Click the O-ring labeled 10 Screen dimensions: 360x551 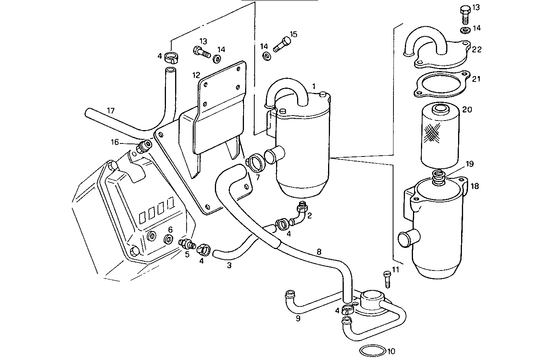pyautogui.click(x=372, y=350)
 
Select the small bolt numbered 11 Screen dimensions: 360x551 pyautogui.click(x=387, y=279)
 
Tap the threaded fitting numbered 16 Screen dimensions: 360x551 pyautogui.click(x=145, y=146)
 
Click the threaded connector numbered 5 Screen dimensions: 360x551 pyautogui.click(x=187, y=244)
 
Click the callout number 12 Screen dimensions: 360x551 pyautogui.click(x=196, y=74)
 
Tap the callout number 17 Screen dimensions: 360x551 pyautogui.click(x=111, y=111)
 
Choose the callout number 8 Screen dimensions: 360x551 pyautogui.click(x=319, y=252)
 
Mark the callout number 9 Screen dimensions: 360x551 pyautogui.click(x=298, y=318)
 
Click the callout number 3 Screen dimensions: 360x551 pyautogui.click(x=229, y=265)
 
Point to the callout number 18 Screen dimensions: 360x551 pyautogui.click(x=475, y=186)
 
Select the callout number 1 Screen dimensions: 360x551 pyautogui.click(x=314, y=86)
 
